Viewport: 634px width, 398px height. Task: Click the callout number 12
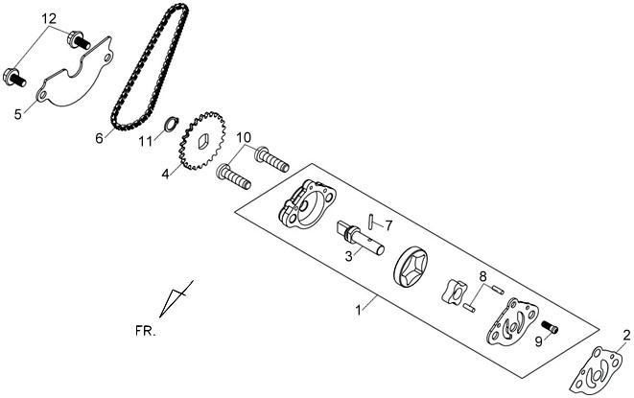[x=48, y=18]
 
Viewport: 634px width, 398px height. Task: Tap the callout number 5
[x=18, y=114]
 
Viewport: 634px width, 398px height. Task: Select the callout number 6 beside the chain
[x=100, y=138]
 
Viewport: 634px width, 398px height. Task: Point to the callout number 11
[x=146, y=142]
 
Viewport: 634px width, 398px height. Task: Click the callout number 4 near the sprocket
[x=165, y=175]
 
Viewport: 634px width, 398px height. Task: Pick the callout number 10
[x=244, y=137]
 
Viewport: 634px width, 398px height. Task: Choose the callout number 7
[x=388, y=225]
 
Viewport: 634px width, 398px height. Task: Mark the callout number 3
[x=348, y=256]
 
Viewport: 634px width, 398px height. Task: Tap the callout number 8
[x=482, y=277]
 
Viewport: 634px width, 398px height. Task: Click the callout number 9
[x=538, y=341]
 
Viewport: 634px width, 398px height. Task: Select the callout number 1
[x=358, y=311]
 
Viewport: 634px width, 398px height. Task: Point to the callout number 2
[x=626, y=335]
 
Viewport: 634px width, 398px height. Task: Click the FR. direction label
[x=146, y=331]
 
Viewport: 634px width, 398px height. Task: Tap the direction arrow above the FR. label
[x=176, y=298]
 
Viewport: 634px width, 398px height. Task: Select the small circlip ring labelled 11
[x=171, y=124]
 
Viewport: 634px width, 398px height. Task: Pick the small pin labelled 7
[x=371, y=222]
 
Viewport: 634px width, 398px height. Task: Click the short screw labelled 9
[x=550, y=327]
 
